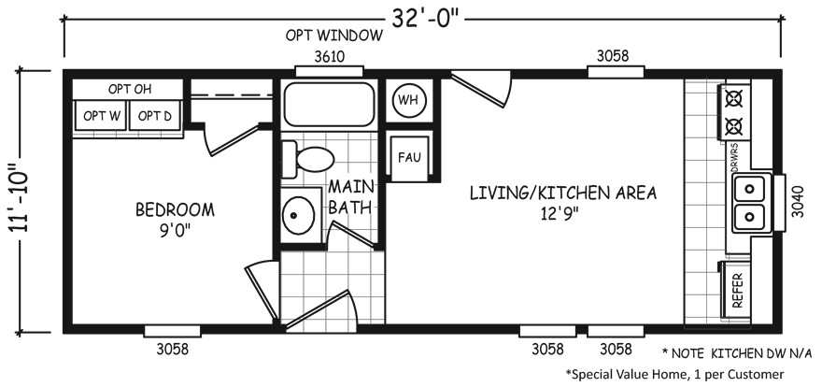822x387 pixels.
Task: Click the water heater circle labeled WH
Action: pyautogui.click(x=409, y=100)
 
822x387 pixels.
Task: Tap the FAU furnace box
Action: pyautogui.click(x=409, y=157)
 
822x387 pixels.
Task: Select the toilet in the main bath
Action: pyautogui.click(x=307, y=159)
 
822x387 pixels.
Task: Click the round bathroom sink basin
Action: pyautogui.click(x=298, y=215)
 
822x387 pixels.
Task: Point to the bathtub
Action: pyautogui.click(x=329, y=105)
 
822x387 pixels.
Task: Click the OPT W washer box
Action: pyautogui.click(x=101, y=116)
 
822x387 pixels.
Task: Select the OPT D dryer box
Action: pyautogui.click(x=155, y=116)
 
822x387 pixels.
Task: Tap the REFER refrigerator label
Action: pyautogui.click(x=738, y=291)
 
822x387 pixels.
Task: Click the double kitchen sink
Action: pyautogui.click(x=750, y=203)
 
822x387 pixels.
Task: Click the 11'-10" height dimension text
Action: pyautogui.click(x=20, y=202)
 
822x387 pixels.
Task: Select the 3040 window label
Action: pyautogui.click(x=797, y=202)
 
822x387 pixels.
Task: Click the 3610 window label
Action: pyautogui.click(x=329, y=57)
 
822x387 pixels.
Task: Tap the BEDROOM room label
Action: pyautogui.click(x=175, y=209)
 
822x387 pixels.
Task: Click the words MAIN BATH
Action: pyautogui.click(x=350, y=197)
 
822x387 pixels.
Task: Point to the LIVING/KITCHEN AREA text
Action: pyautogui.click(x=562, y=193)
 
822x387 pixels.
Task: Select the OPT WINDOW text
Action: pyautogui.click(x=334, y=36)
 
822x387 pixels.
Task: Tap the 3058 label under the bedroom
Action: pyautogui.click(x=172, y=350)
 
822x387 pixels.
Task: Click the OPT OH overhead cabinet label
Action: pyautogui.click(x=130, y=89)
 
